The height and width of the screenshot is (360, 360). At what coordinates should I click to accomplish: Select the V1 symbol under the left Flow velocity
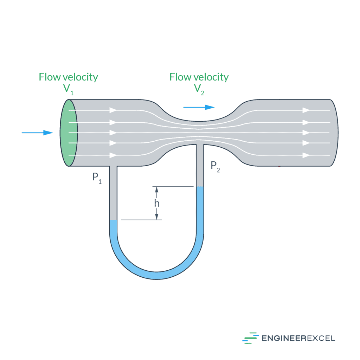[69, 89]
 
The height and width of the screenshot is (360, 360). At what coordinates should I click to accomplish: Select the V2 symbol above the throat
[199, 89]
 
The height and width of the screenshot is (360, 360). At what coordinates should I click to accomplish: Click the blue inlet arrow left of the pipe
[37, 133]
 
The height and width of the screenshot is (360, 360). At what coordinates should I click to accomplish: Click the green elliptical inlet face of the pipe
[69, 133]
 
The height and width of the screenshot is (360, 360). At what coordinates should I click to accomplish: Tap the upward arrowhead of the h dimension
[156, 189]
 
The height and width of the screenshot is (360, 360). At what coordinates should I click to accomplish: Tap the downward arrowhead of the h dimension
[156, 216]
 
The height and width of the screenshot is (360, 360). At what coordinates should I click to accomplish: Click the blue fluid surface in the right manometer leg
[200, 187]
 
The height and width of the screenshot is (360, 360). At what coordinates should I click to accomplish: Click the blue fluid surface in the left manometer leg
[113, 221]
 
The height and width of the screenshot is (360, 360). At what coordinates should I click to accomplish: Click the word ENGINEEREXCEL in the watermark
[298, 338]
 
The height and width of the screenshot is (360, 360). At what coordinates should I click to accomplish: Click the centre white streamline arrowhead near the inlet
[113, 133]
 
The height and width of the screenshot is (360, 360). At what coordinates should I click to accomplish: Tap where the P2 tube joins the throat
[200, 145]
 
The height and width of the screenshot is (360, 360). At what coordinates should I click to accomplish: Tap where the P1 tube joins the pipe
[113, 166]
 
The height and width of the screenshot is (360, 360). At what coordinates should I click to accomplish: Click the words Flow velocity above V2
[199, 77]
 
